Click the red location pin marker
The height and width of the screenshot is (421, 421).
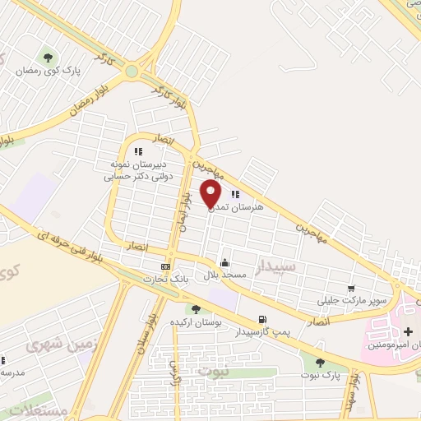pyautogui.click(x=211, y=194)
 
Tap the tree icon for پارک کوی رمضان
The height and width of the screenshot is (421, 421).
pyautogui.click(x=48, y=58)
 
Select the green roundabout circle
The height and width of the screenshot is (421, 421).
pyautogui.click(x=132, y=72)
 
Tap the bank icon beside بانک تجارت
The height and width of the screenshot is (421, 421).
pyautogui.click(x=166, y=266)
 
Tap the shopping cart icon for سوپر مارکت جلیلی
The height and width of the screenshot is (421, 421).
pyautogui.click(x=351, y=289)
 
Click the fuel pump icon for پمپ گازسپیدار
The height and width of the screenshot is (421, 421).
pyautogui.click(x=261, y=320)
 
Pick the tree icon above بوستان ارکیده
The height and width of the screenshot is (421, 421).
pyautogui.click(x=195, y=310)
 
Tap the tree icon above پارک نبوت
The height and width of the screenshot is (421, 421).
pyautogui.click(x=320, y=362)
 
